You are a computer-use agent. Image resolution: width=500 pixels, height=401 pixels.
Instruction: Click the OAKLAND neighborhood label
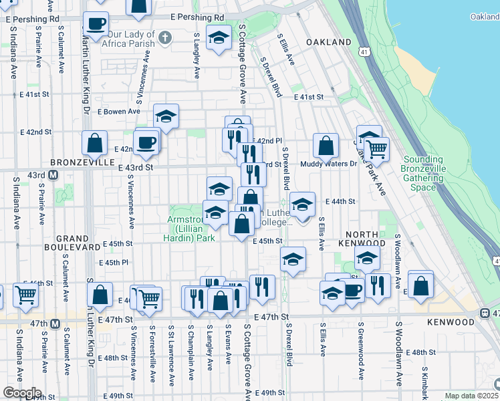[329, 42]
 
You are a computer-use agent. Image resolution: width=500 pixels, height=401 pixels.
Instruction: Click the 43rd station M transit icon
[53, 175]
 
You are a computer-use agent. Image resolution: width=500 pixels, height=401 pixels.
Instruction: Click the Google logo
[22, 392]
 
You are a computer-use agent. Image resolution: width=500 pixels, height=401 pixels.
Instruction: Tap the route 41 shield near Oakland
[362, 51]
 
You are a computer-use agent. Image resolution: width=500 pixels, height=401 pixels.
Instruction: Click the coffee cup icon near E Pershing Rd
[96, 24]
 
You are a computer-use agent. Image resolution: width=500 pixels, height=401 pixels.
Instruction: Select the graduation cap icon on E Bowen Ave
[166, 116]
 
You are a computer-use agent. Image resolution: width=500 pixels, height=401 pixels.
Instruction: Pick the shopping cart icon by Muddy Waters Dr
[377, 148]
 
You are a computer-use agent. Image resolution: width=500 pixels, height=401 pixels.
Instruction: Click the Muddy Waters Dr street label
[328, 164]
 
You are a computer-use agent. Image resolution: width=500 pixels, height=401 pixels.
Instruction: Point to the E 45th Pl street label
[112, 263]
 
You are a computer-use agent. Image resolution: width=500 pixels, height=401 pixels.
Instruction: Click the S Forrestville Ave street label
[152, 354]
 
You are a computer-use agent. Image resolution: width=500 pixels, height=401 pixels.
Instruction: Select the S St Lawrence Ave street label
[172, 354]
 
